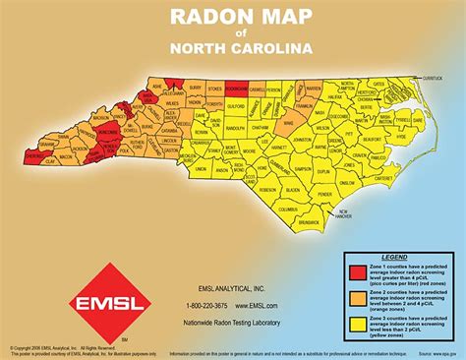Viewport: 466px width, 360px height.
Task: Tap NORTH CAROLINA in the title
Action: tap(232, 47)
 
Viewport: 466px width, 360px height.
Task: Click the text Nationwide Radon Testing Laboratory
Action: tap(234, 322)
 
